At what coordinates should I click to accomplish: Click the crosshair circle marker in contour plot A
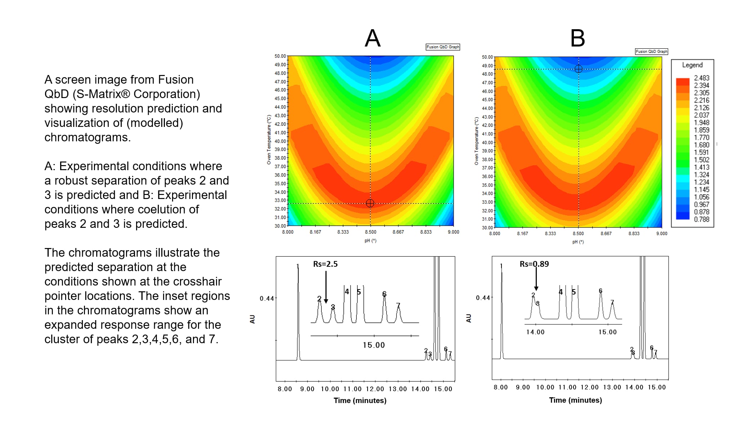(370, 203)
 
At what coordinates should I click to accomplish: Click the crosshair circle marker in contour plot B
(579, 69)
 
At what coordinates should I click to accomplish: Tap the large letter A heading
(373, 38)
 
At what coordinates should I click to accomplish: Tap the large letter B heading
(577, 38)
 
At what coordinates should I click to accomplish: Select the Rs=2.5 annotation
(325, 264)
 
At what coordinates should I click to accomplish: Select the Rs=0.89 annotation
(534, 264)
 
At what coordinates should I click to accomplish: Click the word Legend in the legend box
(692, 65)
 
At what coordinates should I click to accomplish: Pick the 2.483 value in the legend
(701, 78)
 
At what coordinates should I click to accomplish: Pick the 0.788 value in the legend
(701, 219)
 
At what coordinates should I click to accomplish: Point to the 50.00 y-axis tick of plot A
(280, 56)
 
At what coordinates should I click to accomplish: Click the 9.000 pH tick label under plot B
(661, 234)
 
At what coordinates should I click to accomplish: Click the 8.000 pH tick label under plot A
(288, 232)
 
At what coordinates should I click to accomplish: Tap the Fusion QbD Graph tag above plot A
(442, 47)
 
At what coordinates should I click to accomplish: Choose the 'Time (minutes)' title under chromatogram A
(360, 401)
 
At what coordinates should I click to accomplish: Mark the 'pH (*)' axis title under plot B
(578, 242)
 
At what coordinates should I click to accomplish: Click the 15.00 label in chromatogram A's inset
(373, 345)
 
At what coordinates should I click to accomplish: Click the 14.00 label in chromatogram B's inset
(535, 332)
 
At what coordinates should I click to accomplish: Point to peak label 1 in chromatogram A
(298, 266)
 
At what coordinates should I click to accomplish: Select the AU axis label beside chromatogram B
(468, 318)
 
